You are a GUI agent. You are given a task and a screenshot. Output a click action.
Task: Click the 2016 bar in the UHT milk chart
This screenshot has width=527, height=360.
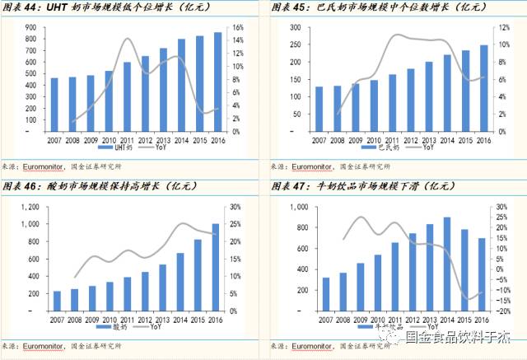[217, 82]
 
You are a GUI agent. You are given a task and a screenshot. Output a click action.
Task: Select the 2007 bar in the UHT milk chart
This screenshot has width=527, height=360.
[54, 105]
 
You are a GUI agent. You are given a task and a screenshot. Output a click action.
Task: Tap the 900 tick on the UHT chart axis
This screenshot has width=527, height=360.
[30, 28]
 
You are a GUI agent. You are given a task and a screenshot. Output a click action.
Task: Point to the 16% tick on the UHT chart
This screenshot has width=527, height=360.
[237, 28]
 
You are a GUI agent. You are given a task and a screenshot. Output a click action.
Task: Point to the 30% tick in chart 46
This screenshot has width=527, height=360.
[236, 207]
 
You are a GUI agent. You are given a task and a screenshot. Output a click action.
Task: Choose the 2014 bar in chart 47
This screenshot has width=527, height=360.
[447, 264]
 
